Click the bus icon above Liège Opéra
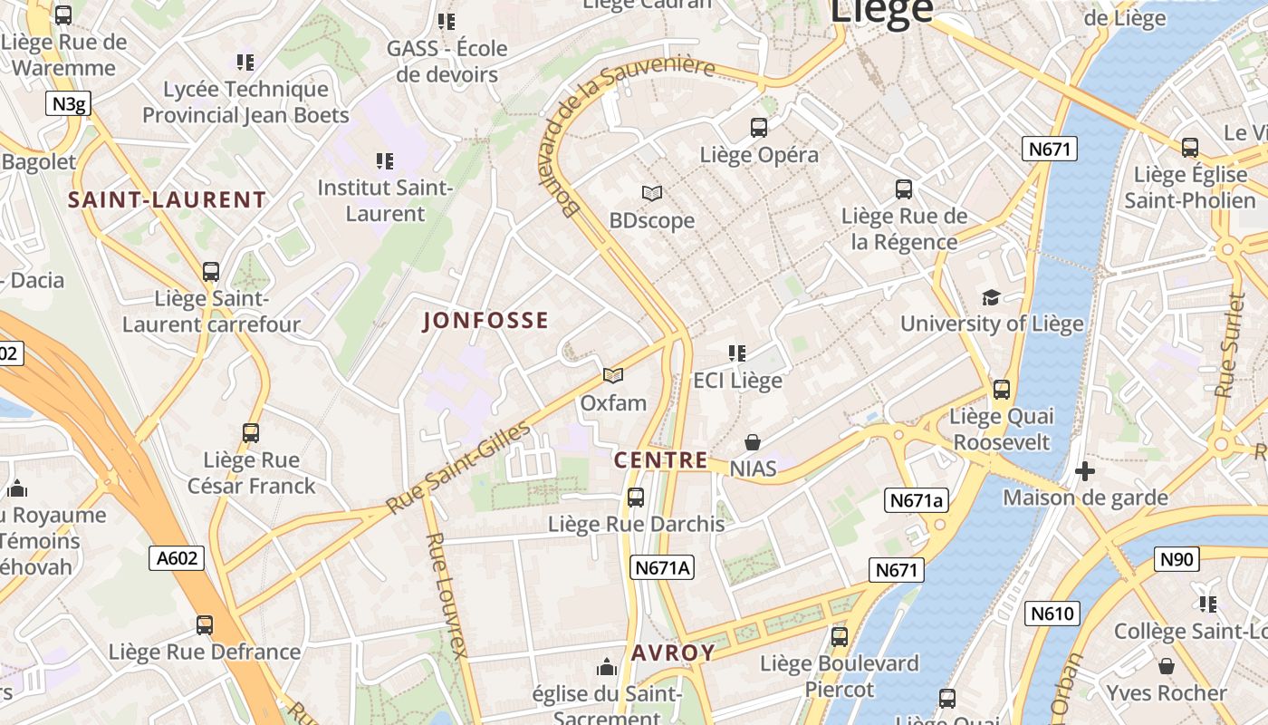[x=759, y=128]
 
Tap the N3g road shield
[x=69, y=104]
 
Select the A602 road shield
[x=177, y=558]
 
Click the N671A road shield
[x=663, y=568]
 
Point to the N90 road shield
[x=1177, y=559]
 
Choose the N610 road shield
[x=1052, y=614]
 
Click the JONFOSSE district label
[x=485, y=321]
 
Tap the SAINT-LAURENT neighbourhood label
[x=168, y=200]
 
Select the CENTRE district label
[x=661, y=460]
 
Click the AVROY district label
[x=673, y=653]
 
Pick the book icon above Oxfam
[x=613, y=375]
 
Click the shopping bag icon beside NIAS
[x=752, y=442]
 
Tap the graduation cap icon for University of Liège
[x=991, y=297]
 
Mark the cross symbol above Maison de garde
[x=1084, y=471]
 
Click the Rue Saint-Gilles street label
[x=457, y=468]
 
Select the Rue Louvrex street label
[x=446, y=594]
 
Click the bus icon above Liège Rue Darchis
[x=636, y=498]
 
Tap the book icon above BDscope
[x=651, y=193]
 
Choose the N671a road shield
[x=916, y=500]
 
